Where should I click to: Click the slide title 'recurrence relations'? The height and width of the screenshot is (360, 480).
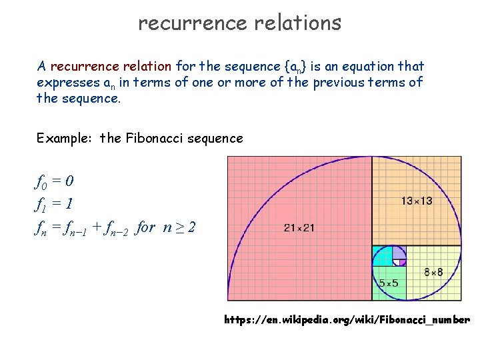pyautogui.click(x=239, y=23)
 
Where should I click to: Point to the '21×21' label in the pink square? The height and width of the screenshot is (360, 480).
pyautogui.click(x=299, y=228)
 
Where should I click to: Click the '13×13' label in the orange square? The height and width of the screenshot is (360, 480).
pyautogui.click(x=417, y=201)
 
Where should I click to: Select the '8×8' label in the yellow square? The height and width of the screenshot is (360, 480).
pyautogui.click(x=434, y=272)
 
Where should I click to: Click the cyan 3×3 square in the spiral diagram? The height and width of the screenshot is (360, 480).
pyautogui.click(x=382, y=256)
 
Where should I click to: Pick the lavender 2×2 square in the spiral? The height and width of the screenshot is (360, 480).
pyautogui.click(x=399, y=251)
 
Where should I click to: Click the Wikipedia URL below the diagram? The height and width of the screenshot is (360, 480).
pyautogui.click(x=347, y=320)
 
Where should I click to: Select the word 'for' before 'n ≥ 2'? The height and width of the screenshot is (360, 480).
pyautogui.click(x=145, y=227)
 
